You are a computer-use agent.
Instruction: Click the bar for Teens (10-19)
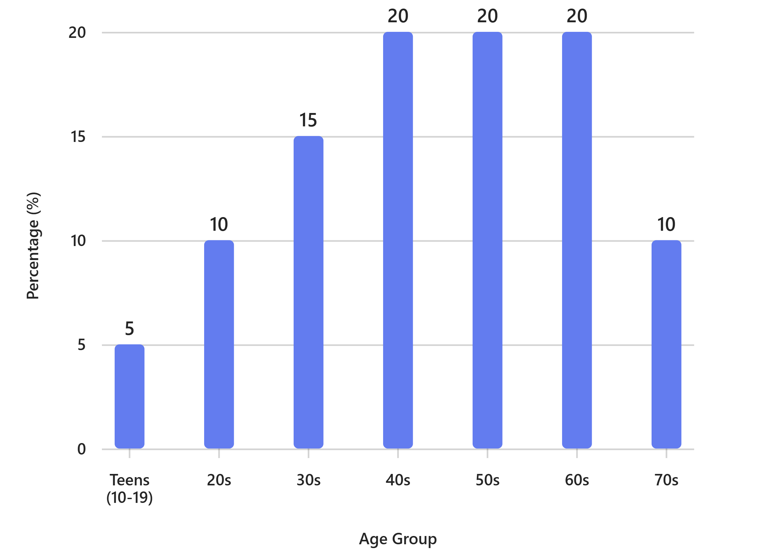coord(130,397)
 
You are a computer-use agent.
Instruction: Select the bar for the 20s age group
coord(219,344)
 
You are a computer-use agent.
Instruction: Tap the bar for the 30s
coord(308,292)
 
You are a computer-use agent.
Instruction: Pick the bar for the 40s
coord(398,240)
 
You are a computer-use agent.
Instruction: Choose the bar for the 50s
coord(487,240)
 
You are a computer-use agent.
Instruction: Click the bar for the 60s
coord(577,240)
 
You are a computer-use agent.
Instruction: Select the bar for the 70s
coord(667,344)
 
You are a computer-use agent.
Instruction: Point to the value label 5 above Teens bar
coord(130,328)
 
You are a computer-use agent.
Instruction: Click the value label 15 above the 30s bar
coord(308,120)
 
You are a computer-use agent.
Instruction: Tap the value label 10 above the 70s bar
coord(667,224)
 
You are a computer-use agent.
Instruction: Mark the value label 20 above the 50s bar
coord(487,16)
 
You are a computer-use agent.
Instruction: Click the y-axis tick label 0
coord(82,449)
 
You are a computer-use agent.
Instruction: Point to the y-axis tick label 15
coord(78,137)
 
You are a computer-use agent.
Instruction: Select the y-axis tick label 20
coord(77,33)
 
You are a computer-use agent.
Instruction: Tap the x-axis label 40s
coord(398,480)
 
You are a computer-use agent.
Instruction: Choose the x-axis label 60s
coord(577,480)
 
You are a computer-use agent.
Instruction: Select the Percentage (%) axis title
coord(33,246)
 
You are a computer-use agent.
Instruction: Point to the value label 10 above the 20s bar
coord(219,224)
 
